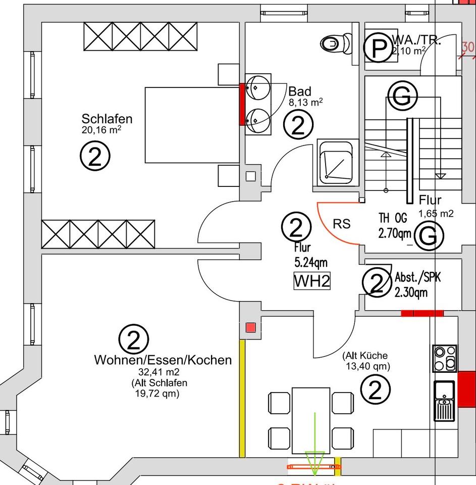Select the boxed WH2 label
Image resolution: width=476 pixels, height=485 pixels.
pos(312,281)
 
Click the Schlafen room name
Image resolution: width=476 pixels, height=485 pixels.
pos(107,119)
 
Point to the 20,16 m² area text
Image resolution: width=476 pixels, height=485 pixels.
pos(101,130)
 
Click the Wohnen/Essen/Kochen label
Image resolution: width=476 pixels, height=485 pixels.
pos(163,360)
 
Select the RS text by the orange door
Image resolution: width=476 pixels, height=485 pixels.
pos(342,224)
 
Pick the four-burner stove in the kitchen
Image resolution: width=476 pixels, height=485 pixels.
pos(444,358)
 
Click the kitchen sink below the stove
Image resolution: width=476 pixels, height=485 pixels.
pos(444,400)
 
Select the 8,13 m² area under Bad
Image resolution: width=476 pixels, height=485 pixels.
pos(306,102)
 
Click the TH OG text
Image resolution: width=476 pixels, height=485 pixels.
pos(393,218)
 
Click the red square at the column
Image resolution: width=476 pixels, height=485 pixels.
pos(250,327)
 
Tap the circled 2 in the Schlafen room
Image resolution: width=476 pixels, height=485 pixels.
pos(95,158)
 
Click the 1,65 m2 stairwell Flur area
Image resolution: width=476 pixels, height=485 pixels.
pos(436,213)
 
